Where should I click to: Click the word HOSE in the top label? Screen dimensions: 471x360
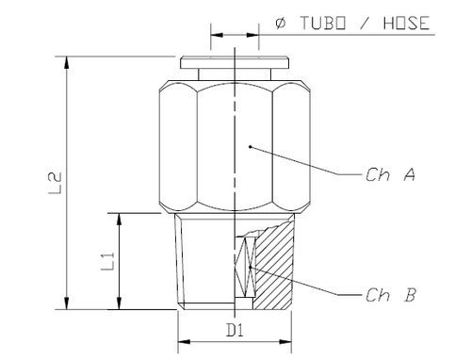406,24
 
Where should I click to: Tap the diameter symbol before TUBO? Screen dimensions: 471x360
281,24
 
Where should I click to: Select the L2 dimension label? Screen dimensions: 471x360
56,183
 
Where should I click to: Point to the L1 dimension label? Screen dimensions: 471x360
107,261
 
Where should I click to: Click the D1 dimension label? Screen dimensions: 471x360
235,330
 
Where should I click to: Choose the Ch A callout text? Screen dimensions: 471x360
390,174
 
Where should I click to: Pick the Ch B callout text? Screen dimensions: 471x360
391,295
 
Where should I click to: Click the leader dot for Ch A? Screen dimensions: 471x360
251,146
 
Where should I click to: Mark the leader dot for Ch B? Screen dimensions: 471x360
251,267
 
